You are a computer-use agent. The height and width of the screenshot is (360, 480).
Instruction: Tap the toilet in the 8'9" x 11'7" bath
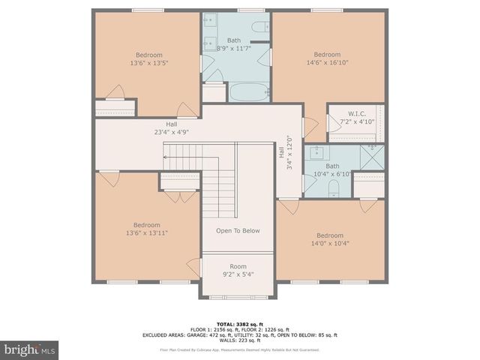[x=259, y=28]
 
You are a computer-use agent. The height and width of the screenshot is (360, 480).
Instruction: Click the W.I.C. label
[x=355, y=113]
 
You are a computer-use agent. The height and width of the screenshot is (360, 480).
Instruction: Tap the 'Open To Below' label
[x=238, y=230]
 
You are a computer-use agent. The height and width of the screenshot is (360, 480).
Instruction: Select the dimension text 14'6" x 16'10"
[x=327, y=64]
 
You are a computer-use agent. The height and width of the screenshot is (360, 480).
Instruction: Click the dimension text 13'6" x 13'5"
[x=147, y=64]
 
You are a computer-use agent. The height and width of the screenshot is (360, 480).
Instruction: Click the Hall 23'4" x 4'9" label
[x=171, y=128]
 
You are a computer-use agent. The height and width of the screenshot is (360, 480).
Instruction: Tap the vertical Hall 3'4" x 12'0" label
[x=288, y=153]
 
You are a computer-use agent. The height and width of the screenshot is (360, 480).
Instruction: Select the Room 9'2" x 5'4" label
[x=238, y=271]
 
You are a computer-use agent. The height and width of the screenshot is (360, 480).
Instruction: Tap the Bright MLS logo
[x=30, y=349]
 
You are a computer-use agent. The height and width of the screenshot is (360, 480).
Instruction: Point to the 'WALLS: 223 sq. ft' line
[x=239, y=340]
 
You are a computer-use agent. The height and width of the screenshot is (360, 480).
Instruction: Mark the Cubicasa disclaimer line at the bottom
[x=239, y=349]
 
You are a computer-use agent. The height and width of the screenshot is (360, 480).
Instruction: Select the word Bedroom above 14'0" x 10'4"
[x=329, y=234]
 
